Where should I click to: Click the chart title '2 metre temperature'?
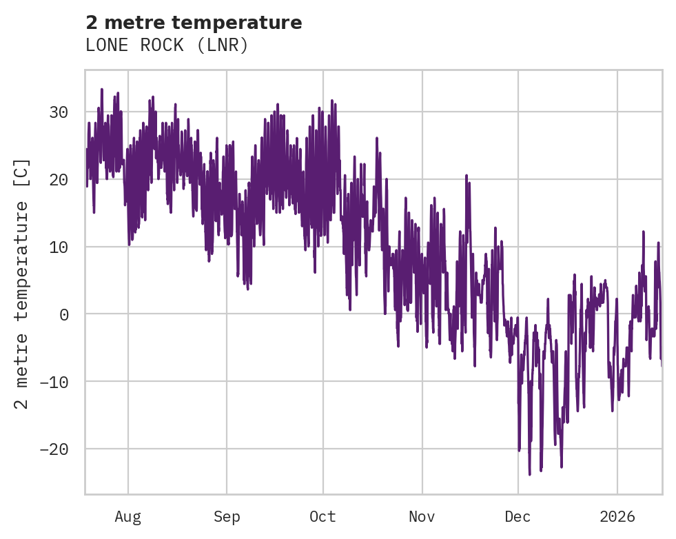coord(194,23)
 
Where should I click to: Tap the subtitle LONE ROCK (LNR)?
coord(166,45)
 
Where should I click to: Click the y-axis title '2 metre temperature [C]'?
coord(22,283)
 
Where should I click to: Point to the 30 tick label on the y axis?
coord(60,112)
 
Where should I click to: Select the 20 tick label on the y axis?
coord(60,180)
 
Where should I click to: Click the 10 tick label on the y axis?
coord(60,247)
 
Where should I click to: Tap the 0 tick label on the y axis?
coord(65,314)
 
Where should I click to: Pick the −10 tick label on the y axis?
coord(55,382)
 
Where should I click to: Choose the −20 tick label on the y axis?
coord(55,449)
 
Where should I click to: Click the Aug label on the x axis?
coord(128,517)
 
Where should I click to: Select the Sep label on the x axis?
coord(227,517)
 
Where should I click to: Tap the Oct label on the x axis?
coord(322,517)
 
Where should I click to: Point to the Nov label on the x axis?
coord(422,517)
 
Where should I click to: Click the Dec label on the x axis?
coord(518,517)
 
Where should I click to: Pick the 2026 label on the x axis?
coord(617,517)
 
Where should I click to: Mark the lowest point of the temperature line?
coord(530,474)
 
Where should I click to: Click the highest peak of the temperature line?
coord(101,89)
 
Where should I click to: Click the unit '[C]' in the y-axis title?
coord(22,172)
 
